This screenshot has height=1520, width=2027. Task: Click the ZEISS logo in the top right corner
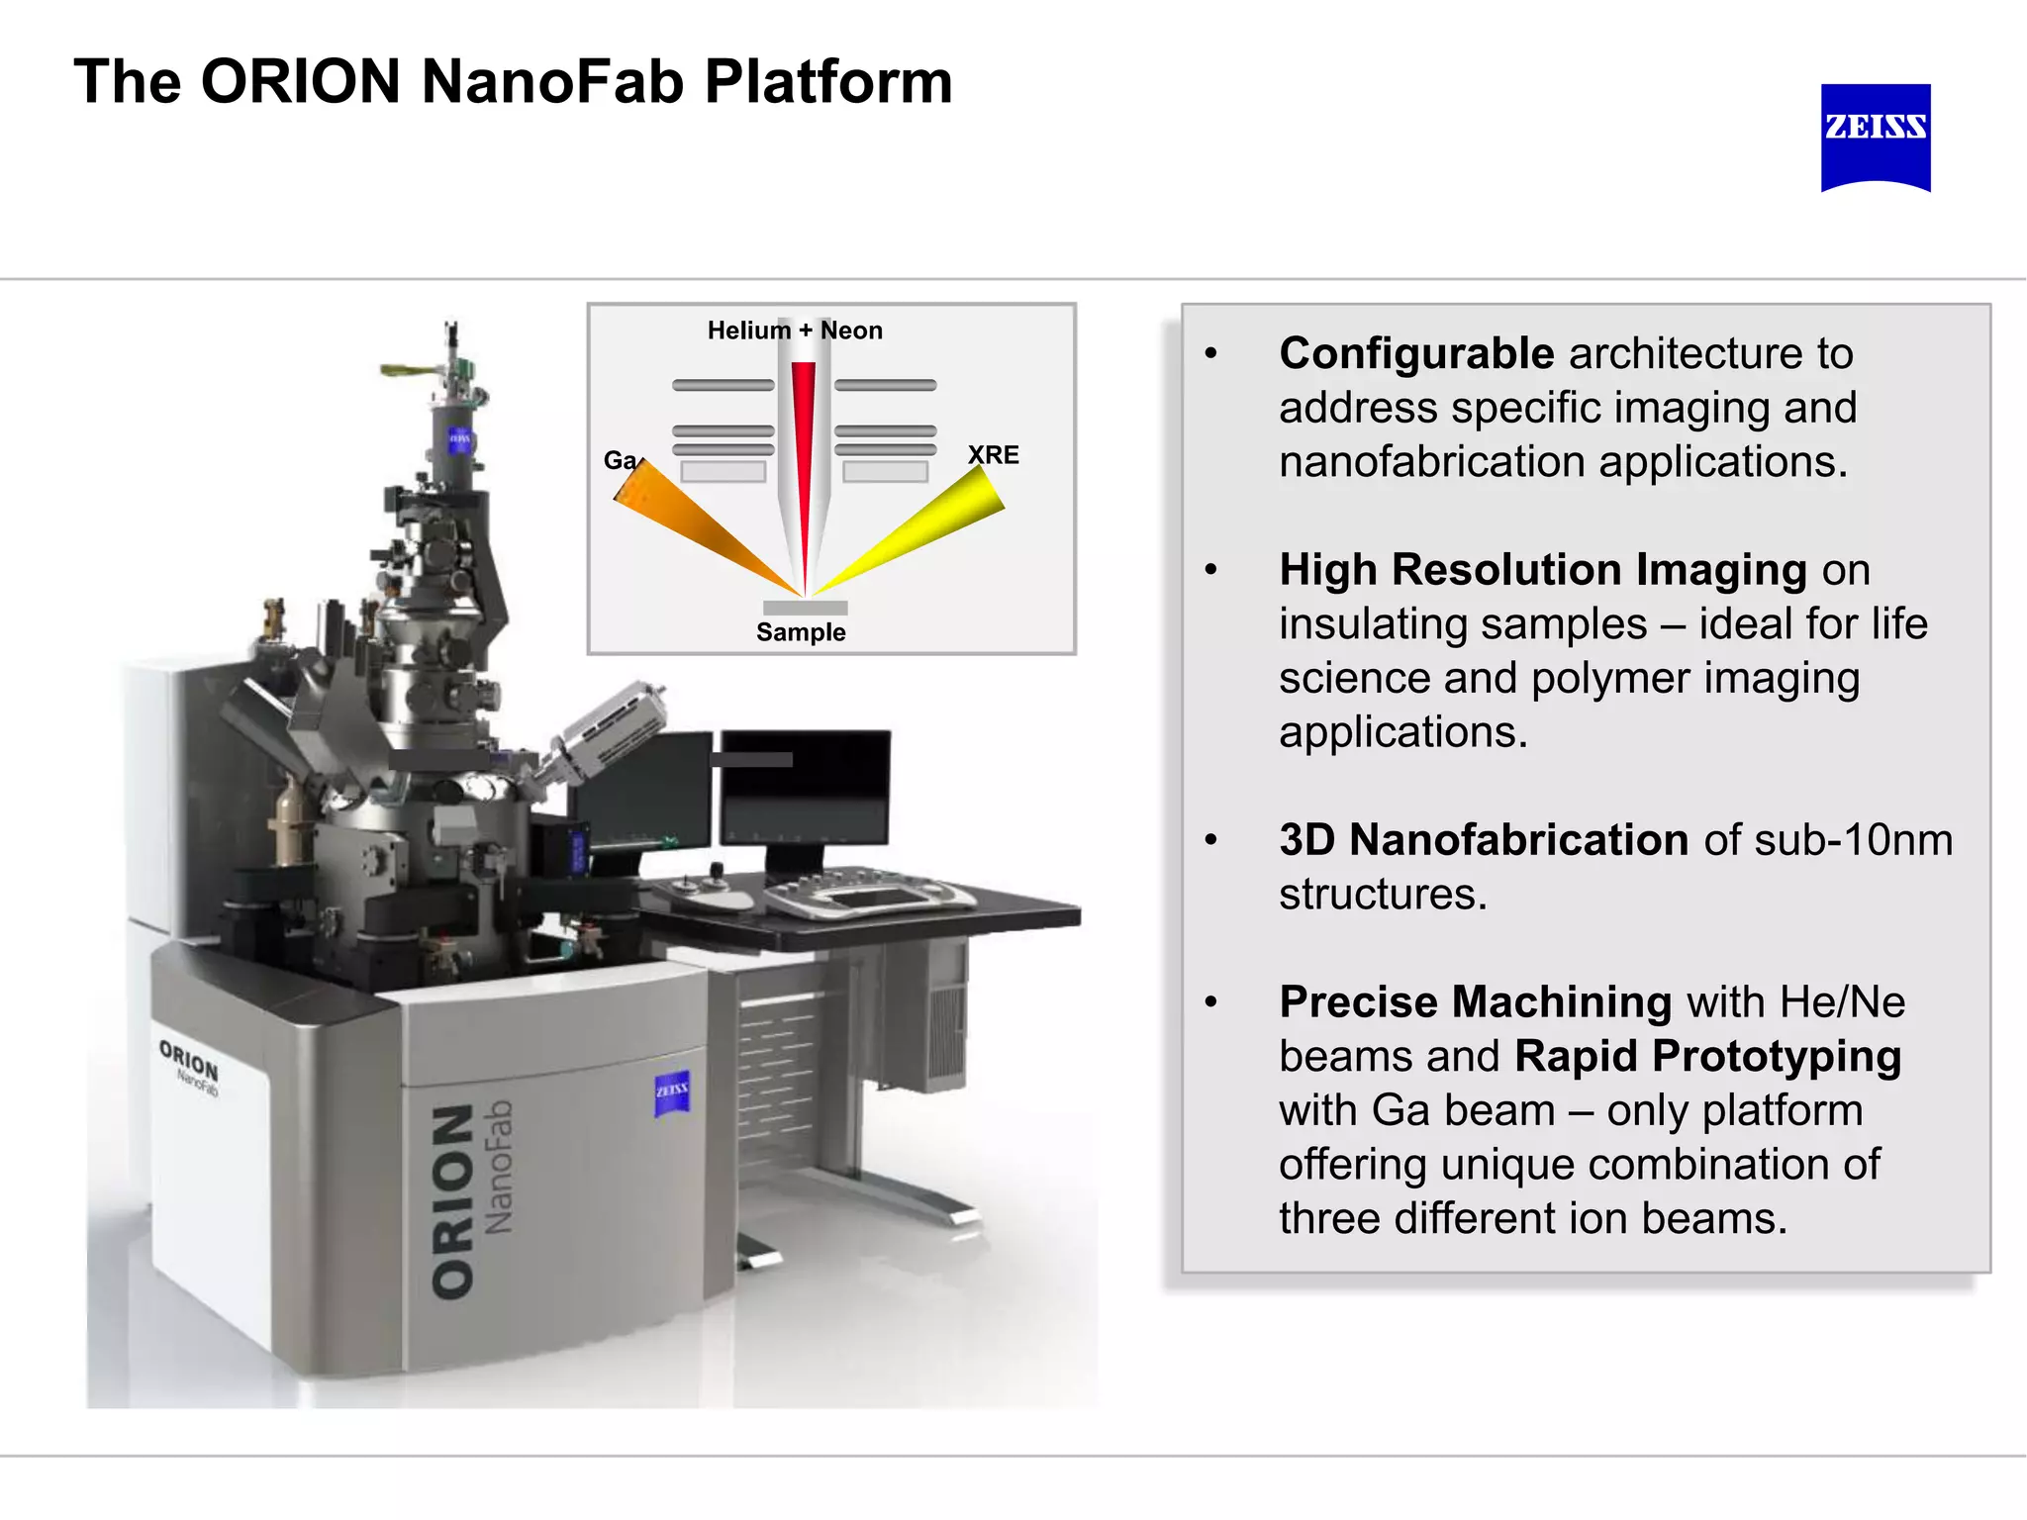1875,137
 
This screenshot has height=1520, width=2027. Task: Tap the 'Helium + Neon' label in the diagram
795,331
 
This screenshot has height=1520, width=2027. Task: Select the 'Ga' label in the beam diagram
620,460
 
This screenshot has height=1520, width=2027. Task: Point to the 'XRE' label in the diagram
993,454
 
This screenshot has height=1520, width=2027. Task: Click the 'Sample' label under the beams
801,632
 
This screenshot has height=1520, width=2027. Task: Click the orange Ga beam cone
693,524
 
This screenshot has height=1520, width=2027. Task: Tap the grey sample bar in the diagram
805,607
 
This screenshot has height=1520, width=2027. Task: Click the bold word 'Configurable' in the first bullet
1416,354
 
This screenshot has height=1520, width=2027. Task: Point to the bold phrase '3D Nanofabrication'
1484,840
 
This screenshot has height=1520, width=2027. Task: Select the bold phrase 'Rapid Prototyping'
1707,1057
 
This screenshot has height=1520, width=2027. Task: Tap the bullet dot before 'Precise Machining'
1210,1002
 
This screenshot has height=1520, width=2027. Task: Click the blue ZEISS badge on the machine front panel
672,1092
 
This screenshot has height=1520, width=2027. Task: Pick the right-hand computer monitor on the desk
806,789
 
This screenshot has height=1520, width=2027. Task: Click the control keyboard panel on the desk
869,896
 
